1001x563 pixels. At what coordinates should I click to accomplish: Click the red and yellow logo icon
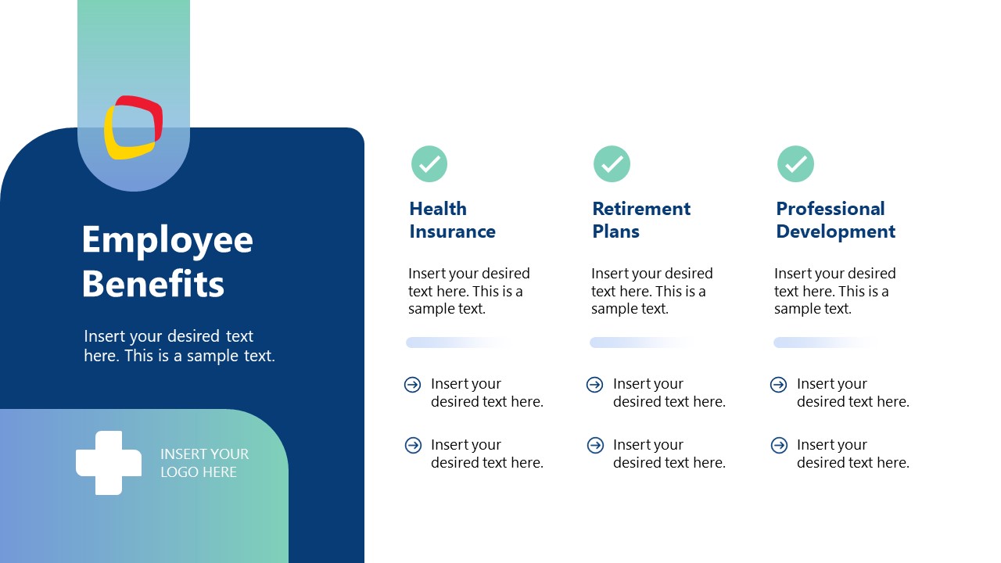click(x=134, y=127)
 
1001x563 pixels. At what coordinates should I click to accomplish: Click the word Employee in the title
click(x=167, y=239)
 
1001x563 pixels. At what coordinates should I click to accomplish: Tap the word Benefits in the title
click(x=153, y=283)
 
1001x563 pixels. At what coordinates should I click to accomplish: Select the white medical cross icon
click(x=109, y=462)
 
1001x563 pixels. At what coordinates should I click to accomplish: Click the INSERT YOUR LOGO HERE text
click(x=204, y=463)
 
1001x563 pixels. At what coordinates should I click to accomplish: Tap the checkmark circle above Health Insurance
click(x=429, y=164)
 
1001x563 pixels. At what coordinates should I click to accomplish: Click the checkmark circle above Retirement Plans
click(x=612, y=164)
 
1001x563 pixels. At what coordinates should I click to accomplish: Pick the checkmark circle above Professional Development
click(x=795, y=164)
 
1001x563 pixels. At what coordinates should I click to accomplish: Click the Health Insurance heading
click(x=452, y=220)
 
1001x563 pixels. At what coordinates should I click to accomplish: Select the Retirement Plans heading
click(x=641, y=220)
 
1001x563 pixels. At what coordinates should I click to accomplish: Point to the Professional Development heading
click(x=835, y=220)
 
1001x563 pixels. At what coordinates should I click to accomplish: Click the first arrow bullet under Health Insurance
click(x=413, y=385)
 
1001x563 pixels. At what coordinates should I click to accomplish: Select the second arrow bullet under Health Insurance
click(x=413, y=446)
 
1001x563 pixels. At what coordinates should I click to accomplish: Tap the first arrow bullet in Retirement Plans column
click(x=595, y=385)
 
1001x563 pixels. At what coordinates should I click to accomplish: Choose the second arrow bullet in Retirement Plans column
click(x=595, y=446)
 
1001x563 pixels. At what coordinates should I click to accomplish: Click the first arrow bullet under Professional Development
click(x=779, y=385)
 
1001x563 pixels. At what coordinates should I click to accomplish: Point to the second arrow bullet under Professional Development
click(x=779, y=446)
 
